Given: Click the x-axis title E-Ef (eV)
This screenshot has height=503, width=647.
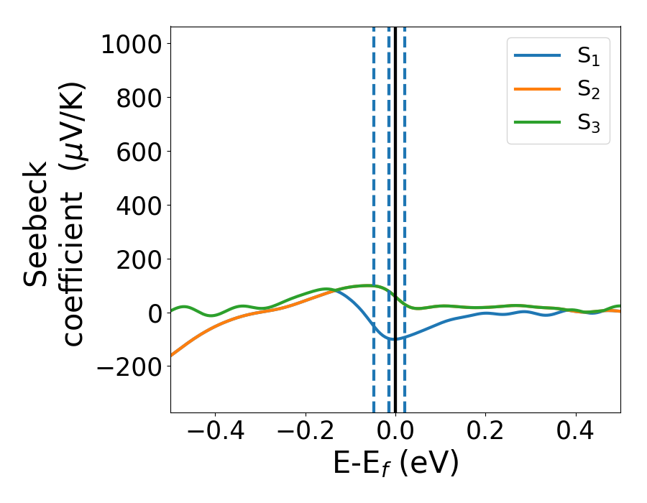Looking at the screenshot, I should click(x=395, y=464).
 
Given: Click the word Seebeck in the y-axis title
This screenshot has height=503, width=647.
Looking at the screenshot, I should click(x=36, y=224).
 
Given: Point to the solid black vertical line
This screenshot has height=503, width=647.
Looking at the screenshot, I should click(x=395, y=180).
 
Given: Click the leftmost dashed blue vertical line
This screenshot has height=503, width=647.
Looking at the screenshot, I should click(x=374, y=180).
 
